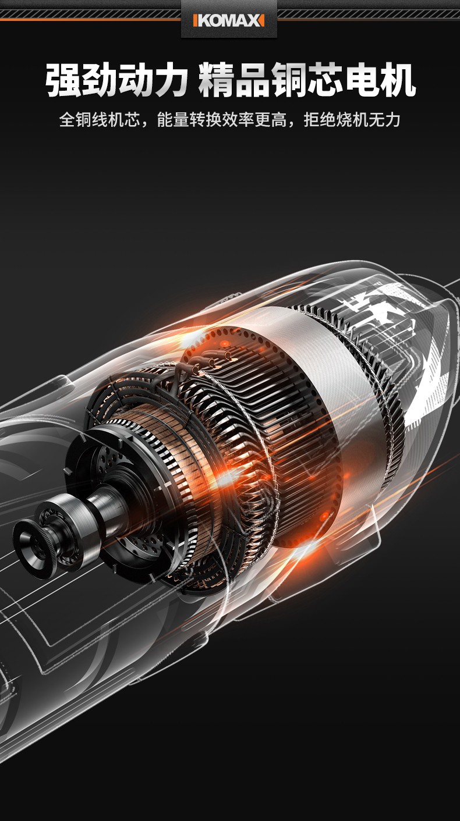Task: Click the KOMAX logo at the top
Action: click(228, 20)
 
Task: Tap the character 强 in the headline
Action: click(63, 80)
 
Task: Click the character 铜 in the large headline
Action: click(289, 80)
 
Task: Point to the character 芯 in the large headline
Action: click(325, 80)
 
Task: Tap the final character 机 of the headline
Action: click(397, 80)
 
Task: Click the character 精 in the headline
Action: click(217, 80)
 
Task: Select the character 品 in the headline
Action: click(253, 80)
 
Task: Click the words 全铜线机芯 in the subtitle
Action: click(100, 119)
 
